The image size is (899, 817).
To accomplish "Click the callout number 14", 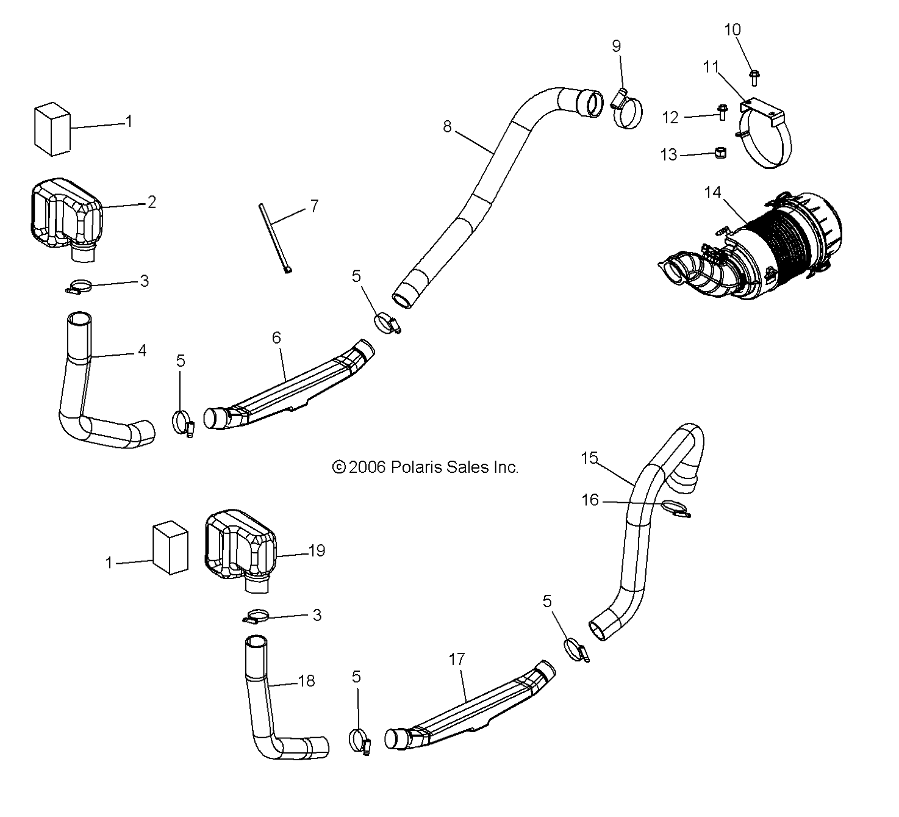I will (x=712, y=193).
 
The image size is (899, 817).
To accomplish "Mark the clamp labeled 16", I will (x=675, y=508).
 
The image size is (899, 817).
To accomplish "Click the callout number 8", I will (x=448, y=126).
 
